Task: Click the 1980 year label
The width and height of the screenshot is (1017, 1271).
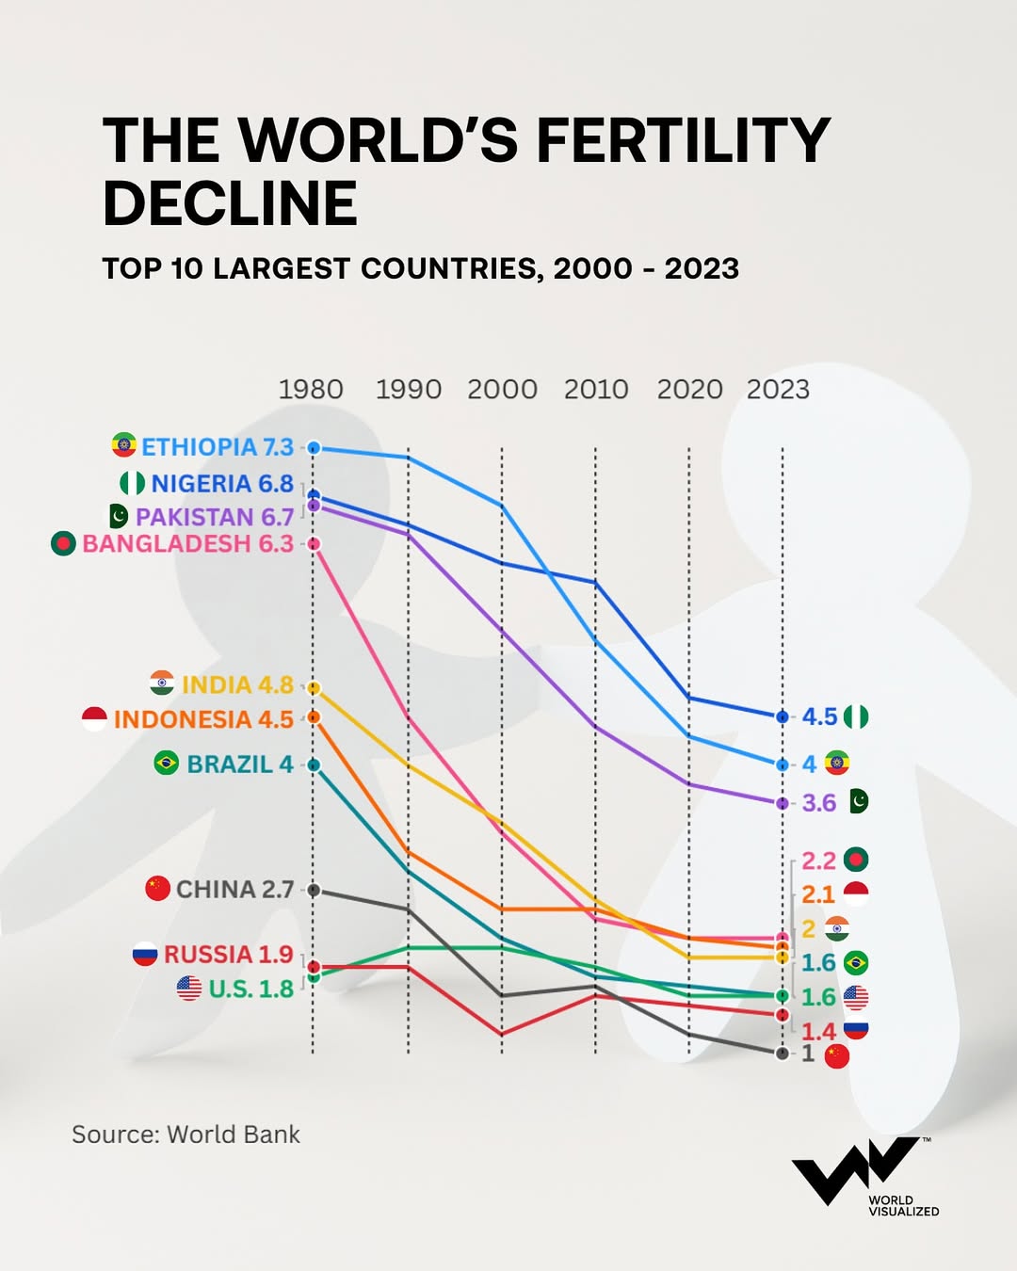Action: click(311, 390)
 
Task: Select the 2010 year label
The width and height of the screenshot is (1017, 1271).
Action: click(595, 390)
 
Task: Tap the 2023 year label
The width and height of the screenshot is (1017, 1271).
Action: click(778, 390)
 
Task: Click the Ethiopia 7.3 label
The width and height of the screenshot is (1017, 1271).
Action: click(217, 447)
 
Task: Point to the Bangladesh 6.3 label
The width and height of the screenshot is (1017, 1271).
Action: click(187, 544)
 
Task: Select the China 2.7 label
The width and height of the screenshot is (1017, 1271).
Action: click(234, 890)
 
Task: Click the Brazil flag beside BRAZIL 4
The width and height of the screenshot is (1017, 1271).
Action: click(167, 764)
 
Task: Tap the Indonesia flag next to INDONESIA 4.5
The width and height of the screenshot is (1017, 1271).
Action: click(94, 719)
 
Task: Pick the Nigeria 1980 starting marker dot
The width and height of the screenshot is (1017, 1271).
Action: click(314, 494)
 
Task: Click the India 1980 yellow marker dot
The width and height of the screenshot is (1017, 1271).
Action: click(314, 688)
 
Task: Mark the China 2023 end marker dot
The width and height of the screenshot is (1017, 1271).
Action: click(782, 1054)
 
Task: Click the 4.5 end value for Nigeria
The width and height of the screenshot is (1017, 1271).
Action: click(819, 717)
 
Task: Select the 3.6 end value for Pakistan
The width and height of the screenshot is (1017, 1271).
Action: click(818, 803)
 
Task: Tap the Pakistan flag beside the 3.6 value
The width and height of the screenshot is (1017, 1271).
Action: click(858, 801)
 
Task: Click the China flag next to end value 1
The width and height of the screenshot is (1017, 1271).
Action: click(836, 1056)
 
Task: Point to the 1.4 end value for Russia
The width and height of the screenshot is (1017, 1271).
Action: click(818, 1032)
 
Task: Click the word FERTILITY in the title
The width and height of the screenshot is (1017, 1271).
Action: click(683, 141)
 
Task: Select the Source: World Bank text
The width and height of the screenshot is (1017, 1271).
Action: click(186, 1134)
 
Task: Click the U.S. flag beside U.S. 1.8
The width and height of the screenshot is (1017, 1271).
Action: click(189, 989)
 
